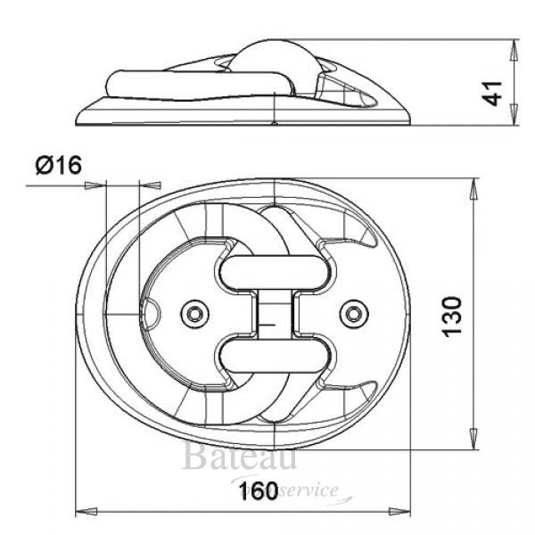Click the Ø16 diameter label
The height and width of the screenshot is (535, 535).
click(58, 165)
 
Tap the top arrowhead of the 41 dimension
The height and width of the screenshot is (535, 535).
click(514, 48)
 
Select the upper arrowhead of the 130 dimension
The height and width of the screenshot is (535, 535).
click(473, 188)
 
